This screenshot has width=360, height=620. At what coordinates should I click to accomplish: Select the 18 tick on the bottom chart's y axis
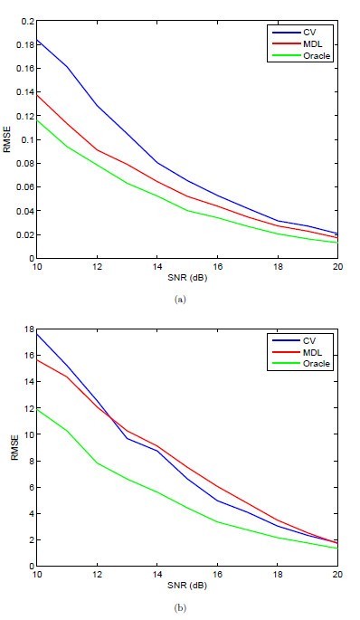pos(27,329)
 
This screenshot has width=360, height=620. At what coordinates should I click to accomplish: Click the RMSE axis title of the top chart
pos(8,139)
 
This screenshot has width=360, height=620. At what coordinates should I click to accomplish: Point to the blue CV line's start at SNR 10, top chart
pos(36,39)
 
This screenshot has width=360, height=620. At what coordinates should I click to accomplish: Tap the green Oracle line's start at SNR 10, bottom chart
pos(36,409)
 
